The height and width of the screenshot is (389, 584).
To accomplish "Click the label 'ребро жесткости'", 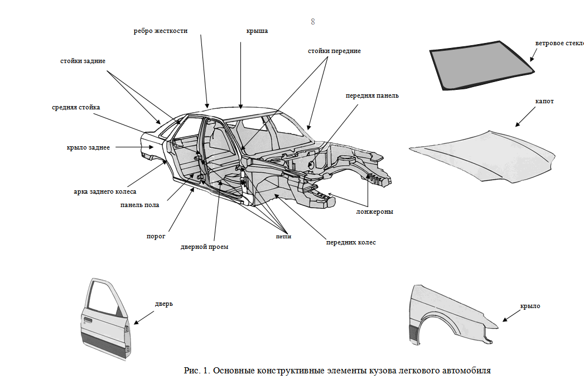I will (x=161, y=31).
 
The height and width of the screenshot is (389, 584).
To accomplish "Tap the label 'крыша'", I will (x=257, y=31).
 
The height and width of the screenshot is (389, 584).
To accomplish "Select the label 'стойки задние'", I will (x=83, y=60).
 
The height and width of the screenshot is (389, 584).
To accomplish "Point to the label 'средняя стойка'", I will (x=76, y=107).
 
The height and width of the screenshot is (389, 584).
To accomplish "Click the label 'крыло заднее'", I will (x=88, y=147).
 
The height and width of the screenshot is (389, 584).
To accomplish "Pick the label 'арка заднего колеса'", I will (x=105, y=191).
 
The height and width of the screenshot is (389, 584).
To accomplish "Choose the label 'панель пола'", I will (x=139, y=205).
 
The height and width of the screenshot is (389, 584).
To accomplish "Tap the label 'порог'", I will (x=156, y=236).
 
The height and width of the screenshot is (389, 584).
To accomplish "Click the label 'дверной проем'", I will (x=205, y=247).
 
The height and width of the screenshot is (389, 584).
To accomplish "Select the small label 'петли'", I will (x=283, y=237).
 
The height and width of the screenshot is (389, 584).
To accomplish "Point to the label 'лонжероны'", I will (x=375, y=212).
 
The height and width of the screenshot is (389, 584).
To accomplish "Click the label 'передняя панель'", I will (x=373, y=95).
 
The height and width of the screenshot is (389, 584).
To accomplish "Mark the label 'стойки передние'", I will (x=335, y=51).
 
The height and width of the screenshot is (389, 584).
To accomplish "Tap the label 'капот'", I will (x=544, y=101).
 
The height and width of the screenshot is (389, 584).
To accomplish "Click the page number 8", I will (x=313, y=21).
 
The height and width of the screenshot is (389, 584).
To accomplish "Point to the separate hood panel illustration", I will (x=482, y=157).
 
